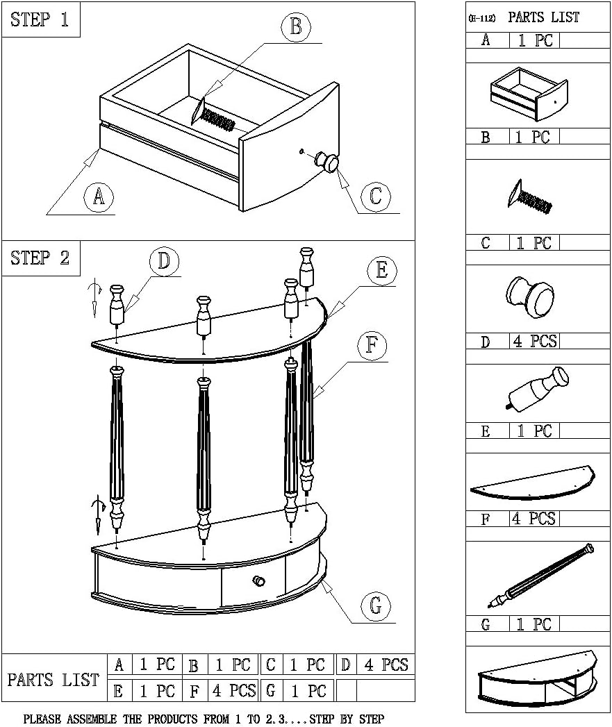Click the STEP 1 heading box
pos(40,19)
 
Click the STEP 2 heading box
pos(40,258)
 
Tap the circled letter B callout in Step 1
pos(296,27)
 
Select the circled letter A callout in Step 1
pos(99,198)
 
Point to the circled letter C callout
pos(375,197)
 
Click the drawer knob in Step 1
pos(327,162)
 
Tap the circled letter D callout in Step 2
pos(163,261)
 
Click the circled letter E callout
pos(381,271)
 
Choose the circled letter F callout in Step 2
pos(372,345)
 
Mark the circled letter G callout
pos(375,606)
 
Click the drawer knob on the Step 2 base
pos(259,580)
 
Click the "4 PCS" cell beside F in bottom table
pos(233,691)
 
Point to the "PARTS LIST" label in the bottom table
pos(53,680)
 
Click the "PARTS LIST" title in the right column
pos(543,17)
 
